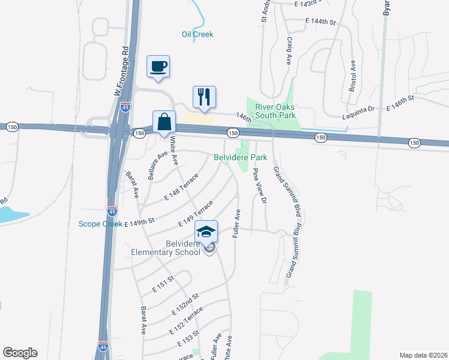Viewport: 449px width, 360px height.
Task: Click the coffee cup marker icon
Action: click(158, 66)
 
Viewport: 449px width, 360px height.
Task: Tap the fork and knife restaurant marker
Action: click(203, 97)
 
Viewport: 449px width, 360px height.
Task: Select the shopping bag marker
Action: click(164, 122)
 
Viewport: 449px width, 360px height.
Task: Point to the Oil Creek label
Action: click(197, 34)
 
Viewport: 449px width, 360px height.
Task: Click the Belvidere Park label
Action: click(240, 157)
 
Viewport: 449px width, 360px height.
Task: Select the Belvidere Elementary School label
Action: click(166, 248)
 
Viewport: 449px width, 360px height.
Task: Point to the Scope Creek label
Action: click(100, 224)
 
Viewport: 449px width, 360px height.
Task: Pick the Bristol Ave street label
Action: click(353, 76)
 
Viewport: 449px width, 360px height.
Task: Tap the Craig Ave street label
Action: click(289, 51)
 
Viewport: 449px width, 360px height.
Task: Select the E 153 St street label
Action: click(189, 341)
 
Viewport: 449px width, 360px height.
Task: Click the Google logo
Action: click(20, 353)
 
